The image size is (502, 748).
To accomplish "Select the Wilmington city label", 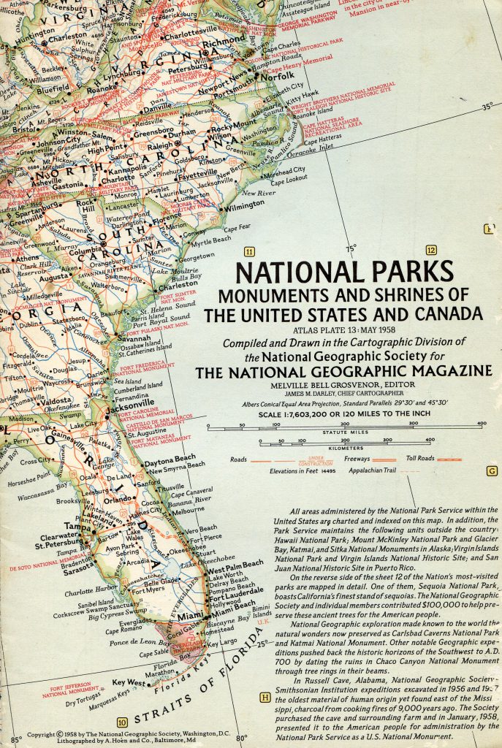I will [x=243, y=206].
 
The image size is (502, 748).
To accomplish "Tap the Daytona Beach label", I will [x=170, y=458].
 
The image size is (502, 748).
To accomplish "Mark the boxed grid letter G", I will [x=492, y=470].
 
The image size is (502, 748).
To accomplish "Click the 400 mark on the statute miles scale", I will [x=482, y=424].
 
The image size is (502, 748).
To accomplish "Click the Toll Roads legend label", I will [x=421, y=458].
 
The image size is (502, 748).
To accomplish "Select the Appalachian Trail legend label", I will [x=371, y=472].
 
